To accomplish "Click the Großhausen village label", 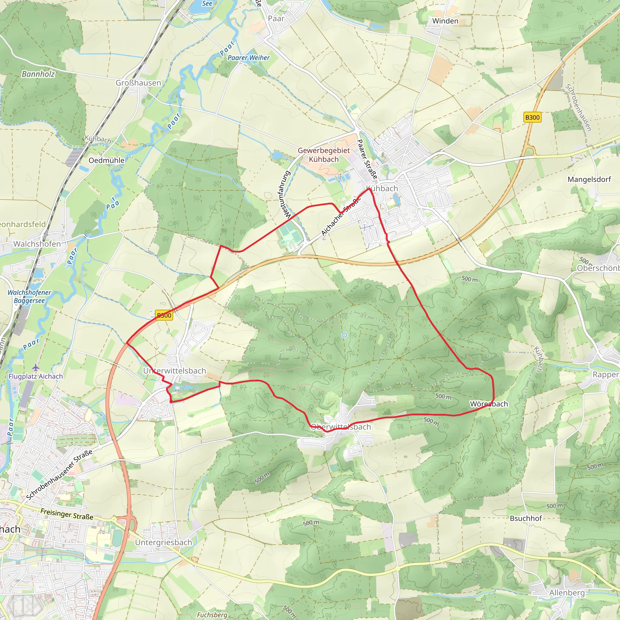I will point(138,83).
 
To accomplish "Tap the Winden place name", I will point(445,21).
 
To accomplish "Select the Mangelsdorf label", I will point(589,180).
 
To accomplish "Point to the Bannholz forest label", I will point(38,74).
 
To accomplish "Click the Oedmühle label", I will point(106,160).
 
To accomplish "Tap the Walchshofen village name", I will point(37,244).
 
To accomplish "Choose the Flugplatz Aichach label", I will point(36,376).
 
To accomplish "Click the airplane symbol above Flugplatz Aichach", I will point(35,367).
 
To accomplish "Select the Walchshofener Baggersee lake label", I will point(29,296).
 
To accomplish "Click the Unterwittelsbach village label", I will point(175,371).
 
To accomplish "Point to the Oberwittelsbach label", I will point(341,427).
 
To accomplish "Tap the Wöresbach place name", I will point(489,404).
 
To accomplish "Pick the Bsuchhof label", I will point(526,518).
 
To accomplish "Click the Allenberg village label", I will point(567,592).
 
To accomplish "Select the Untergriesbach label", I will point(163,542).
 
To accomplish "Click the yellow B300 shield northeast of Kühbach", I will point(533,117).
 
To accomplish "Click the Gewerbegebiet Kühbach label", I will point(324,155).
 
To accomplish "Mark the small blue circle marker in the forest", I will point(344,335).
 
